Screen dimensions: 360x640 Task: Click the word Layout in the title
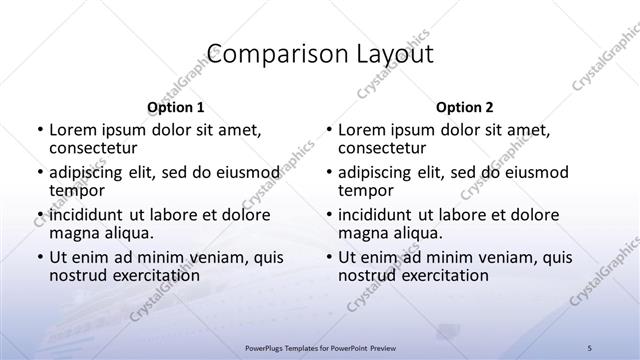point(388,54)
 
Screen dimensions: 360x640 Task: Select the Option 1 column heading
point(176,108)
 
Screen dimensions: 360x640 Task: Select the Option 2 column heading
point(465,108)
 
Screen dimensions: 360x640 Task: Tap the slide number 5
point(590,347)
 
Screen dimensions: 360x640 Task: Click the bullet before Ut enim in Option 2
point(330,257)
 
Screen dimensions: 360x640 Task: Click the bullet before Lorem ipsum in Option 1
point(40,130)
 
